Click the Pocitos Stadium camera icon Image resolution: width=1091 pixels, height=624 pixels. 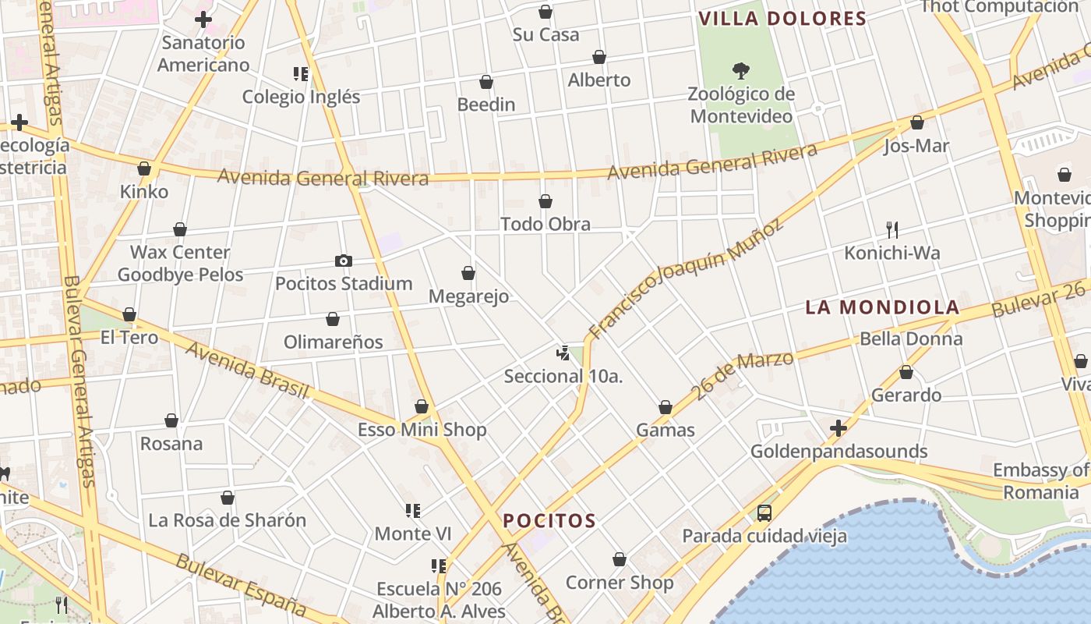(x=343, y=261)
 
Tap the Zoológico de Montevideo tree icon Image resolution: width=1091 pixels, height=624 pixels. (x=741, y=71)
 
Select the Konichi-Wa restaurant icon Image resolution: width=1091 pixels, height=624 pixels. (x=892, y=229)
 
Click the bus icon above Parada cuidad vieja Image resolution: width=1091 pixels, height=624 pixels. (x=764, y=513)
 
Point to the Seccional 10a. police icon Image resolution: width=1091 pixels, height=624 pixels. (x=563, y=353)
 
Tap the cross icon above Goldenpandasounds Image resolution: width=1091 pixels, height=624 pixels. (x=839, y=428)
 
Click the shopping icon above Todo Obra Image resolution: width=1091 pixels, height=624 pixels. (x=545, y=202)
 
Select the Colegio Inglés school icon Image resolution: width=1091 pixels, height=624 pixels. (x=301, y=74)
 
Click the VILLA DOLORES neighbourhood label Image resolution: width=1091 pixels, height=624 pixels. (x=782, y=19)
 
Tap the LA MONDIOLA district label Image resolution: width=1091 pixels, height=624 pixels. (x=881, y=307)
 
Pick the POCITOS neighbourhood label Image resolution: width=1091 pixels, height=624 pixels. (x=549, y=520)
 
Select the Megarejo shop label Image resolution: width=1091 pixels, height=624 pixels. (x=469, y=296)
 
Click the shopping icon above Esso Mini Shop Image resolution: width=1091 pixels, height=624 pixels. (x=422, y=407)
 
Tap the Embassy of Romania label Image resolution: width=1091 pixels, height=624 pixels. (x=1041, y=481)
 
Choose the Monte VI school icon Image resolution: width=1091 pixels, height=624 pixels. (x=413, y=511)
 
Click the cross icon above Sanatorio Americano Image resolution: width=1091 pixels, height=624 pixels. (x=203, y=19)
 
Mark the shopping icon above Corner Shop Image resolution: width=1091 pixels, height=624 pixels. (x=620, y=560)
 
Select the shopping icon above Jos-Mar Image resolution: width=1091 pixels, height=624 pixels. (x=917, y=123)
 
